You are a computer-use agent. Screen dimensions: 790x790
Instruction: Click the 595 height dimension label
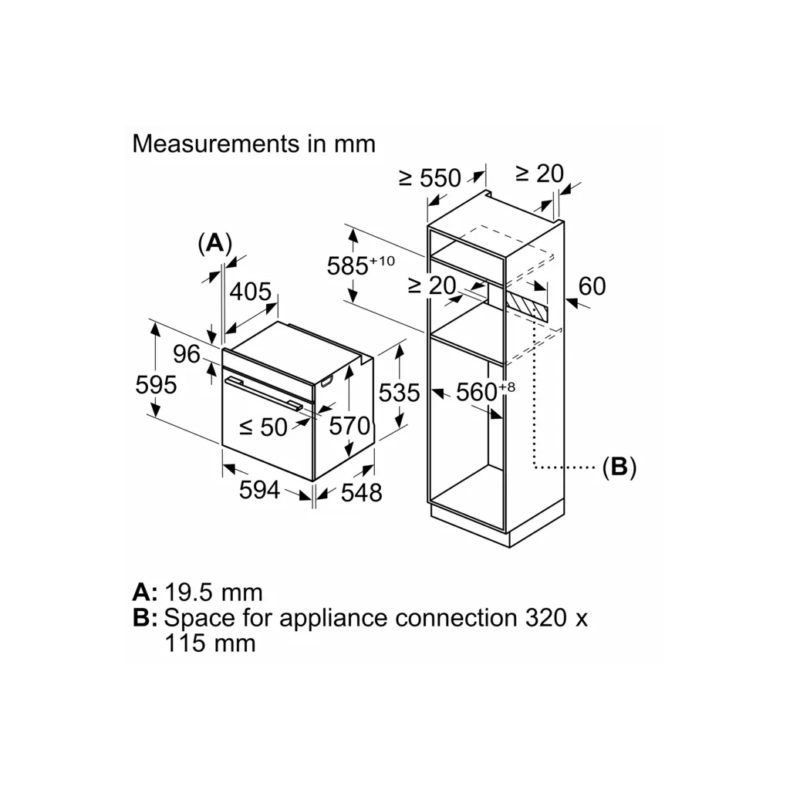coord(156,384)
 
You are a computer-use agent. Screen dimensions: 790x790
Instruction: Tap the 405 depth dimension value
coord(252,292)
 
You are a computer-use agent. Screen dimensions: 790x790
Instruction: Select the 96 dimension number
coord(187,354)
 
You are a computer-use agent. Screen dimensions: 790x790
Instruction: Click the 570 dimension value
coord(349,426)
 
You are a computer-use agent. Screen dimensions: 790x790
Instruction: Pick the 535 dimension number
coord(400,393)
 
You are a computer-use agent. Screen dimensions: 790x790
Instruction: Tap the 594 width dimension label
coord(259,489)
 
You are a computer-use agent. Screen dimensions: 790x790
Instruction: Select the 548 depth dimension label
coord(361,492)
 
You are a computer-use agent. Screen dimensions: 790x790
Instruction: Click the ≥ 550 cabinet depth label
coord(430,178)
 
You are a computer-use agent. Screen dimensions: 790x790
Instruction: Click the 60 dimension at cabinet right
coord(592,286)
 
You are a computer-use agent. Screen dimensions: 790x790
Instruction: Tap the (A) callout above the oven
coord(214,243)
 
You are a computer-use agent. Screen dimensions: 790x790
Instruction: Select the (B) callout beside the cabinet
coord(619,467)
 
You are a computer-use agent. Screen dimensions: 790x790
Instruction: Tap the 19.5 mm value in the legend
coord(214,592)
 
